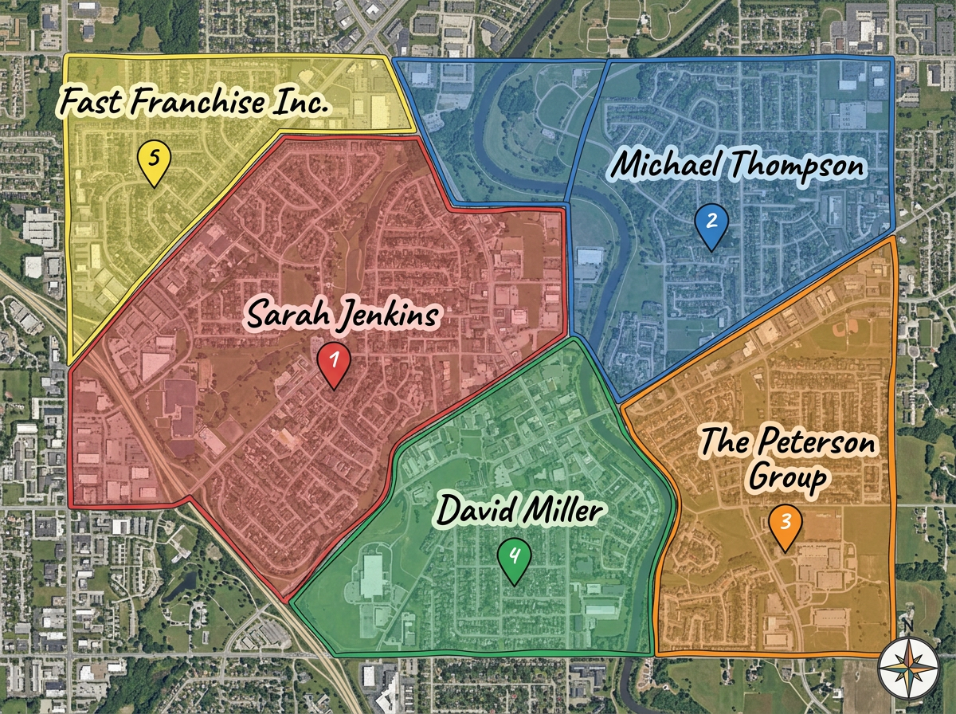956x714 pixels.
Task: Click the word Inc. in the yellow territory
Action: (x=304, y=102)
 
